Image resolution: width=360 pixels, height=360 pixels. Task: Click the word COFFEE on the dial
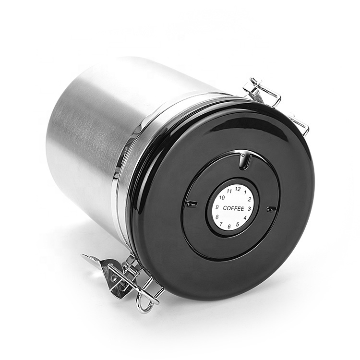pos(233,208)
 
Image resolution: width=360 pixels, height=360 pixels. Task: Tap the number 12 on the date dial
pos(238,189)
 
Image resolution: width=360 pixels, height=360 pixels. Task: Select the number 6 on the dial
pos(229,227)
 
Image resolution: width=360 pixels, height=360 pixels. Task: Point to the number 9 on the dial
pos(217,207)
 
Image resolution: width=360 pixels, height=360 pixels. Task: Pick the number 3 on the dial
pos(249,209)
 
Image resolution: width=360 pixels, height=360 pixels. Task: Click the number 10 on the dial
pos(222,198)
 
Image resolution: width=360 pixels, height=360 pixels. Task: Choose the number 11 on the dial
pos(229,191)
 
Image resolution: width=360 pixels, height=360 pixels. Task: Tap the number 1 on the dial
pos(245,192)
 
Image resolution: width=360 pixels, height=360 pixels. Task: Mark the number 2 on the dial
pos(249,200)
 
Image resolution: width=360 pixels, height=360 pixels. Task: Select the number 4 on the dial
pos(245,217)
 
